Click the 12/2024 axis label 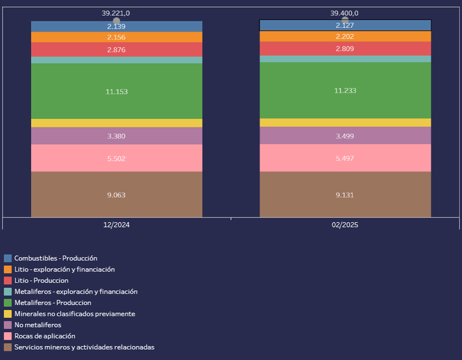point(116,225)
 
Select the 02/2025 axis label point(345,225)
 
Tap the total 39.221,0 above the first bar point(116,13)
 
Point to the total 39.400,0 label point(344,13)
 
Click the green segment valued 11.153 point(116,92)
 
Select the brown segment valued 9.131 point(345,195)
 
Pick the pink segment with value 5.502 point(116,159)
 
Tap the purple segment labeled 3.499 point(345,135)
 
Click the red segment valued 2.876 point(116,49)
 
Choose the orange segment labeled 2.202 point(345,37)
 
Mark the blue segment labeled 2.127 point(345,25)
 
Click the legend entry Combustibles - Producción point(56,258)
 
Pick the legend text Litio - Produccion point(41,280)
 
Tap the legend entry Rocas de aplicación point(44,336)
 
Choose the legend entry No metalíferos point(38,325)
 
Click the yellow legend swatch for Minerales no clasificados point(8,314)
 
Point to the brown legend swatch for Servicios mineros point(8,347)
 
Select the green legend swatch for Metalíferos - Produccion point(8,302)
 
